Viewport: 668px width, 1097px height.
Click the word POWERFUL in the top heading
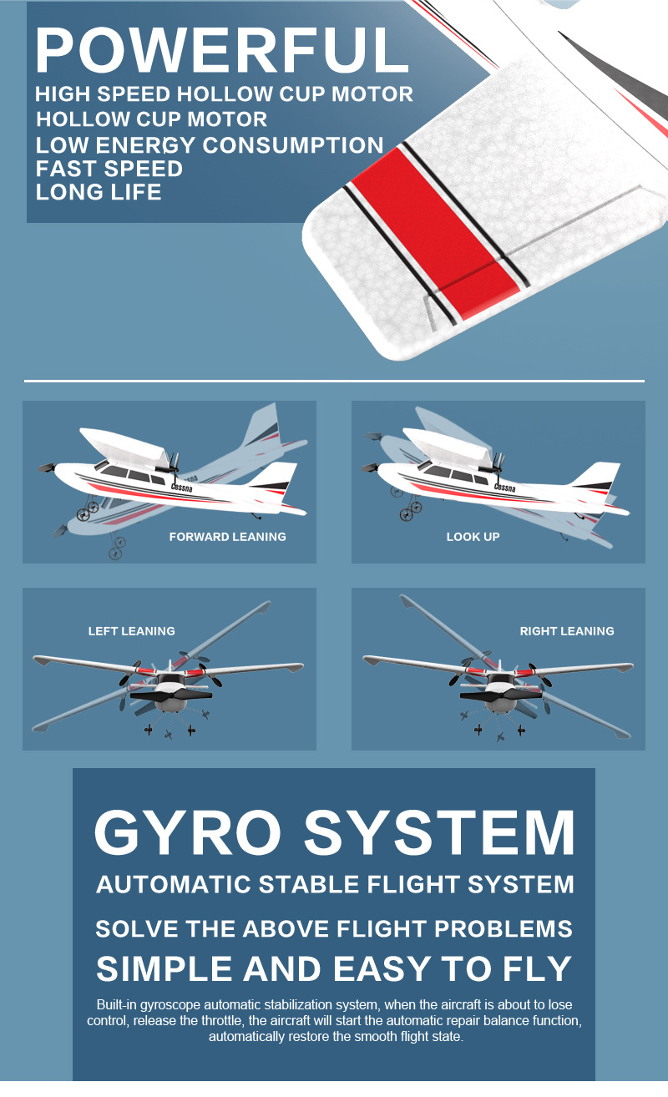pos(222,50)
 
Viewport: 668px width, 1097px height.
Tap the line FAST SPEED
pos(109,169)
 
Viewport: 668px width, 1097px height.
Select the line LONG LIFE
pos(99,192)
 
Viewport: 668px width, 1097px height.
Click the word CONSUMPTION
pos(293,145)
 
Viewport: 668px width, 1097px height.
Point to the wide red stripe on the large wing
pos(436,233)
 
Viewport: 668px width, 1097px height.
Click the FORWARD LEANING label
pos(228,537)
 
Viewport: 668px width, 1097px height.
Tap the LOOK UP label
pos(473,537)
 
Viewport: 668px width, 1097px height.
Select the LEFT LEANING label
pos(132,631)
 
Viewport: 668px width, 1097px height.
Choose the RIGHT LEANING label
pos(567,631)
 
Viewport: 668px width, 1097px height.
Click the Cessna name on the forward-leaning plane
pos(182,488)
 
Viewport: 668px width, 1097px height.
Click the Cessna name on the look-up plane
pos(505,488)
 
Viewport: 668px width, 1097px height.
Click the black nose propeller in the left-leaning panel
pos(171,695)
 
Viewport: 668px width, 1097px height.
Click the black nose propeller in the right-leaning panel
pos(500,695)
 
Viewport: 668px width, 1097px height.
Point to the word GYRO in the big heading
pos(188,832)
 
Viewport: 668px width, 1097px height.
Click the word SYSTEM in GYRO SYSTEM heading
pos(439,832)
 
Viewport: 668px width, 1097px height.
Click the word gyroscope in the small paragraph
pos(170,1005)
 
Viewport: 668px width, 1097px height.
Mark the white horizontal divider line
pos(334,381)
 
